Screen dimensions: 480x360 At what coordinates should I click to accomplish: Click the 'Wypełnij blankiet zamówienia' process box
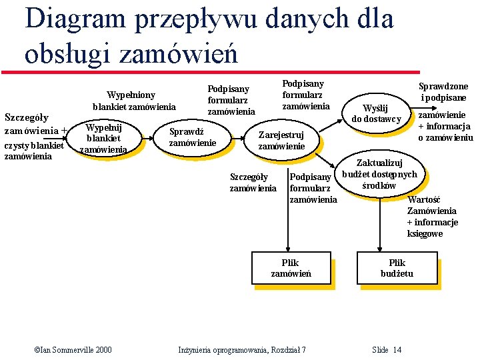point(103,139)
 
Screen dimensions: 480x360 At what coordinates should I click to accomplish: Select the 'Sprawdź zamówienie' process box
point(193,137)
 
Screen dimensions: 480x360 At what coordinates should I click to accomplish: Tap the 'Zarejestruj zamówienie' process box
point(281,141)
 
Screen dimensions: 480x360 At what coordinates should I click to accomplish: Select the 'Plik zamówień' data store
point(291,268)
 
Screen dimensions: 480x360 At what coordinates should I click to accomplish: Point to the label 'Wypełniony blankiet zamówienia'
point(134,101)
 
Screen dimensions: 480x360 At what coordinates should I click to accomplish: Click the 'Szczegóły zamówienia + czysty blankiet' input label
point(34,137)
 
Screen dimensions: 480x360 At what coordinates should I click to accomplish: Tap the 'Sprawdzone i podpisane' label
point(443,92)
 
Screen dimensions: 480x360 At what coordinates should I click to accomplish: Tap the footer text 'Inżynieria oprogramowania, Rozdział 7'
point(242,350)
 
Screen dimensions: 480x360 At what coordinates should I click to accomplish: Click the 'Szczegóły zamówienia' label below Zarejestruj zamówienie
point(253,183)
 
